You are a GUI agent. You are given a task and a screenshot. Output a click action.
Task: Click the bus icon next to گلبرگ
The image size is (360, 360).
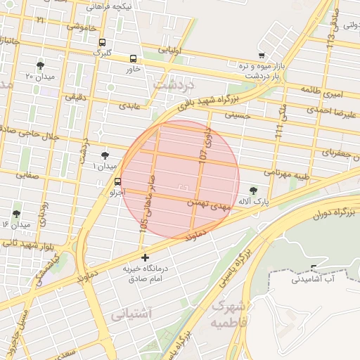(x=103, y=42)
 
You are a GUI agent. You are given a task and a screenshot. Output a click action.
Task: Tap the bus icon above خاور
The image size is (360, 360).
(x=134, y=58)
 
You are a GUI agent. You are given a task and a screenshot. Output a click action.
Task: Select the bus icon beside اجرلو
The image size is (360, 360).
(x=117, y=181)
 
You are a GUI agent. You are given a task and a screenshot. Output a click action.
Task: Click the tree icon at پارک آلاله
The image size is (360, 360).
(x=253, y=191)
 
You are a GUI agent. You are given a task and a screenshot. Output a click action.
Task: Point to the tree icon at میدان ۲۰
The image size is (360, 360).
(x=40, y=65)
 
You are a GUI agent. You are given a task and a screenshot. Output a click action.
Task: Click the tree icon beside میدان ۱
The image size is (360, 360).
(x=105, y=155)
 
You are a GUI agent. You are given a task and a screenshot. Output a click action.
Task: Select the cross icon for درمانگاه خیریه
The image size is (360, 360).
(x=146, y=257)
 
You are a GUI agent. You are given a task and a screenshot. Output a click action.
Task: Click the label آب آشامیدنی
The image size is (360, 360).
(x=314, y=279)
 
